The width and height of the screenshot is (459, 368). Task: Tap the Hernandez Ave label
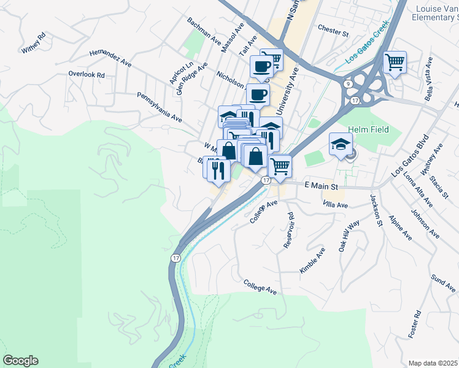(110, 58)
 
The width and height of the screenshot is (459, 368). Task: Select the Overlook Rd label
(87, 75)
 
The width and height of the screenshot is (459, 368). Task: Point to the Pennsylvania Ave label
(159, 107)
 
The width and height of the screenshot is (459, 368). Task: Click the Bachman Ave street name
(204, 30)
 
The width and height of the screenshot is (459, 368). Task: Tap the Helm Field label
(366, 129)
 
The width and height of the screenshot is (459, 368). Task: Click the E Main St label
(321, 185)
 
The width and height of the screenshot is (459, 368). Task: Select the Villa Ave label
(336, 204)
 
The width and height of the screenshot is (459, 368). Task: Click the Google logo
(20, 361)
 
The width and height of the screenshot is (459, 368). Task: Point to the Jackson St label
(376, 210)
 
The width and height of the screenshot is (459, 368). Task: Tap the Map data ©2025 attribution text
(433, 363)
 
